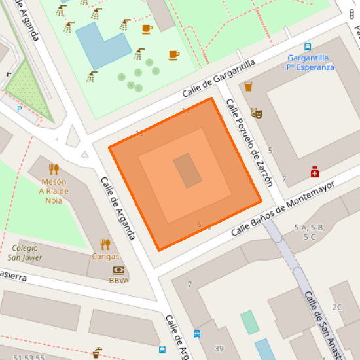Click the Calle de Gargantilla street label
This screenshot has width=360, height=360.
pyautogui.click(x=218, y=82)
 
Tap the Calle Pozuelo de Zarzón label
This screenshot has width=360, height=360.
pyautogui.click(x=249, y=142)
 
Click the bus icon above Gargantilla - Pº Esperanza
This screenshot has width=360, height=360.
pyautogui.click(x=308, y=46)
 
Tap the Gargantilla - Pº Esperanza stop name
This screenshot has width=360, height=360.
pyautogui.click(x=308, y=62)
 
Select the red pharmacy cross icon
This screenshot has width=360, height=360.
pyautogui.click(x=315, y=171)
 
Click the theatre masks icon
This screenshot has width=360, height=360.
pyautogui.click(x=256, y=113)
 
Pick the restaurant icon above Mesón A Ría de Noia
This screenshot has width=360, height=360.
pyautogui.click(x=54, y=169)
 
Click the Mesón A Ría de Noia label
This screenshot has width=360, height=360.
pyautogui.click(x=54, y=190)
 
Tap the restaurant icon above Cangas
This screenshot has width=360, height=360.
pyautogui.click(x=105, y=244)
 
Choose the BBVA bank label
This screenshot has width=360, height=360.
pyautogui.click(x=118, y=281)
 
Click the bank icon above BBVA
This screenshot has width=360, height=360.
pyautogui.click(x=118, y=270)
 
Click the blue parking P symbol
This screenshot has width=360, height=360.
pyautogui.click(x=20, y=109)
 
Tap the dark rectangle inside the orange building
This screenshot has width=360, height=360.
pyautogui.click(x=187, y=171)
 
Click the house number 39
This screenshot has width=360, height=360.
pyautogui.click(x=219, y=348)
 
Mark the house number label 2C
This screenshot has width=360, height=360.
pyautogui.click(x=337, y=307)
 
